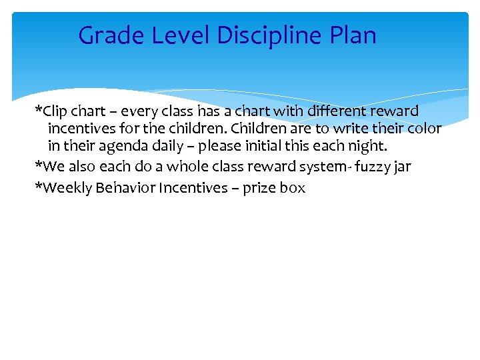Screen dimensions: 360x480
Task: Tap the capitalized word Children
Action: (258, 129)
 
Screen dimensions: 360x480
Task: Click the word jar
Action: (402, 167)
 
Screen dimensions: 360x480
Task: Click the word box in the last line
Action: (293, 188)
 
